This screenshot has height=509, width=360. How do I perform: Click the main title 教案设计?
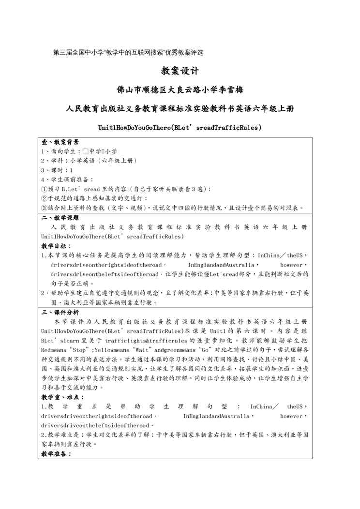180,71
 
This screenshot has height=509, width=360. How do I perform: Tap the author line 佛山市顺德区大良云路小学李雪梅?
180,90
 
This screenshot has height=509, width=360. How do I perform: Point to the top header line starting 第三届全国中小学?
128,52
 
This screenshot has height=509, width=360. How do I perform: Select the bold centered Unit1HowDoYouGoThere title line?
180,128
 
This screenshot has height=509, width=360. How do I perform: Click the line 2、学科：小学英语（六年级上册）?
89,161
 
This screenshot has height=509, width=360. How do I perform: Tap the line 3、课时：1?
57,170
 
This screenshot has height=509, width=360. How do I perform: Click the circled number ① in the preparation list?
44,189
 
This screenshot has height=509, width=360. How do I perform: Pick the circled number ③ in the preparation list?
44,208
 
